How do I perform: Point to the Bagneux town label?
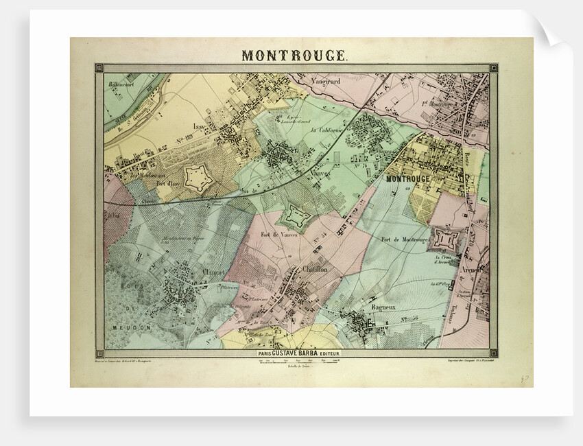[381, 308]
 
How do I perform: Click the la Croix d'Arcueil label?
[447, 262]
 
